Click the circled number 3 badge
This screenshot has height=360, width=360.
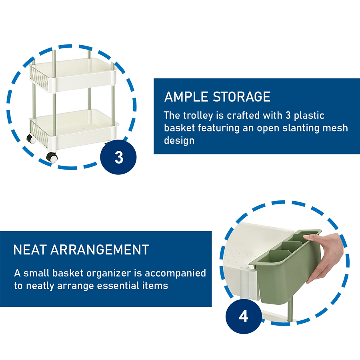(119, 157)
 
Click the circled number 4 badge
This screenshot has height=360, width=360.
(244, 316)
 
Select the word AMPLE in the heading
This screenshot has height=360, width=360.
(186, 97)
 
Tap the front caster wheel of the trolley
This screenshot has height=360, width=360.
(52, 157)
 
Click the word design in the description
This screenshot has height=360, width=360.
(179, 141)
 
